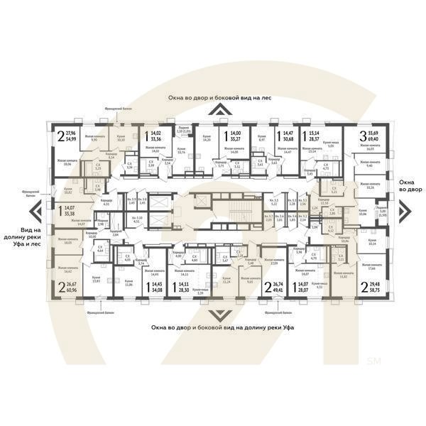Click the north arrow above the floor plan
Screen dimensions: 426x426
click(213, 109)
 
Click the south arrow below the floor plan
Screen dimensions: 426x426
click(213, 315)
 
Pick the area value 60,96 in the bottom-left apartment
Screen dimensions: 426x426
click(73, 290)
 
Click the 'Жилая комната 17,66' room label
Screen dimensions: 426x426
click(369, 266)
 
